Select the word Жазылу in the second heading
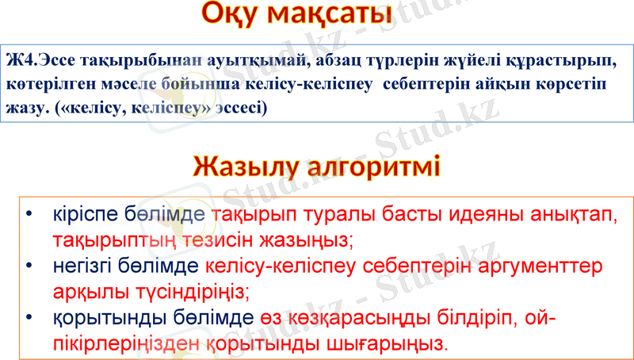[247, 168]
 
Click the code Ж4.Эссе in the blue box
[36, 61]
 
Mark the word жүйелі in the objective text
[460, 61]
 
